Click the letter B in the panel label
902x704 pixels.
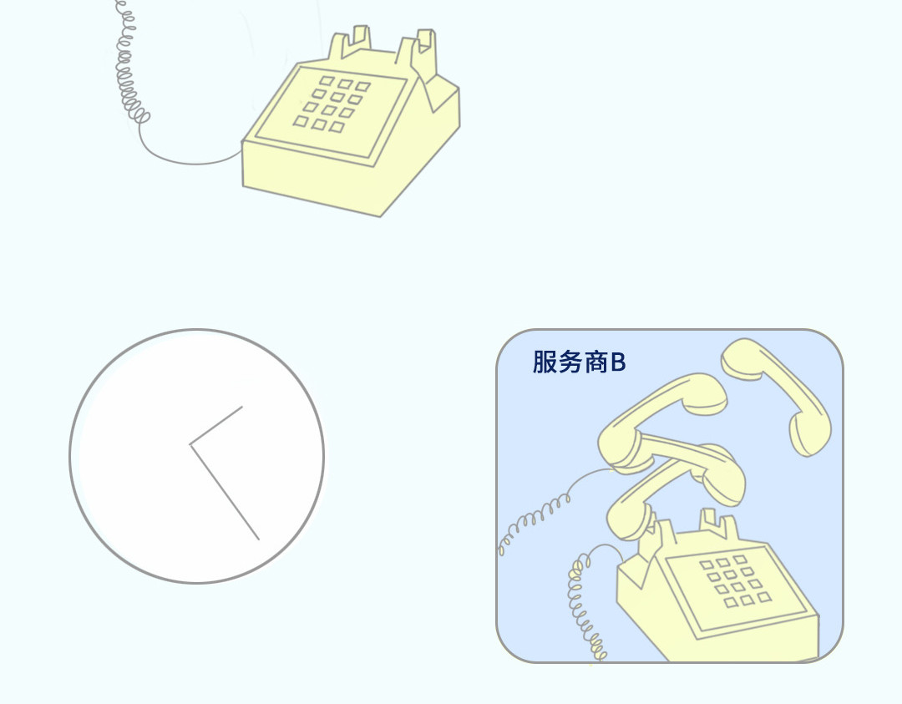click(x=618, y=362)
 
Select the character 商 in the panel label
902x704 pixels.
click(x=596, y=362)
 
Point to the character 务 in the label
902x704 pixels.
click(x=570, y=362)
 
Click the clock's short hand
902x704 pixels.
click(x=216, y=425)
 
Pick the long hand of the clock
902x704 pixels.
click(x=225, y=492)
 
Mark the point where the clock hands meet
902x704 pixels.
click(x=190, y=444)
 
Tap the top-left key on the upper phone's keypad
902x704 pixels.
click(x=327, y=81)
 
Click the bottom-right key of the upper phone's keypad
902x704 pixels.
click(x=337, y=127)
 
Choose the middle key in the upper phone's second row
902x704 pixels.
click(x=337, y=96)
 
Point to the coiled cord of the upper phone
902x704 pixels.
click(x=131, y=63)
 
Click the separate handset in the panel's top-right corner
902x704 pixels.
click(x=778, y=396)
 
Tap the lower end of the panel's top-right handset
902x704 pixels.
click(x=810, y=435)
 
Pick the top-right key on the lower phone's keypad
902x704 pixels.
click(x=740, y=559)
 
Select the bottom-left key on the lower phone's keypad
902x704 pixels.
click(x=731, y=603)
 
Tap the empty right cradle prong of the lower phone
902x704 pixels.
click(x=718, y=523)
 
